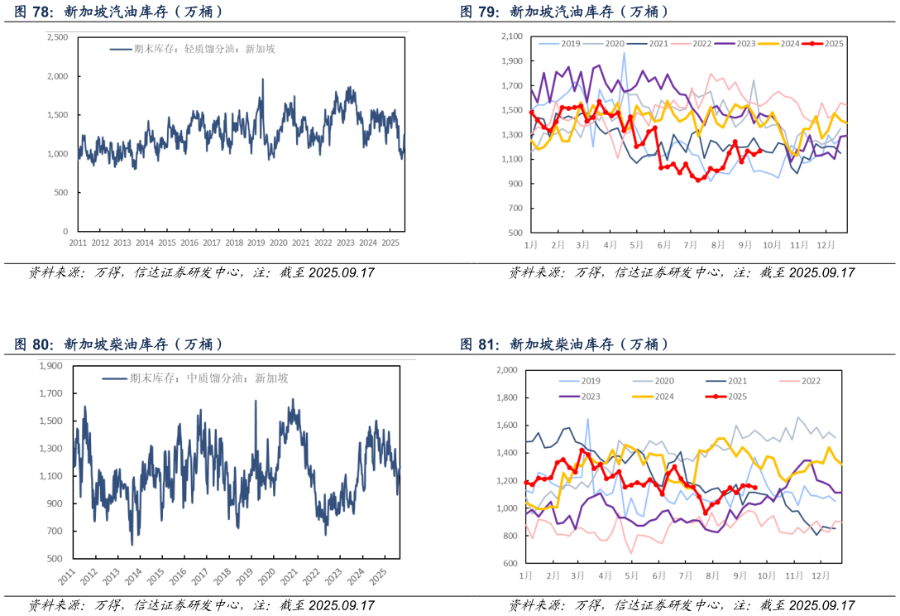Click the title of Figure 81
(x=564, y=344)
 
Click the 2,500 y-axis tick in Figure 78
(x=57, y=37)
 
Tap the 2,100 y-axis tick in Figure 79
(x=513, y=36)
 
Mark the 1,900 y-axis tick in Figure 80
(x=52, y=365)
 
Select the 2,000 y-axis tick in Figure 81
(x=505, y=370)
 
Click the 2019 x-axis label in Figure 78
(x=256, y=243)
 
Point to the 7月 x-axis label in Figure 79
(x=689, y=245)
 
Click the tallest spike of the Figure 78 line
(x=263, y=79)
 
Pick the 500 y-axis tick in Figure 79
(x=516, y=233)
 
